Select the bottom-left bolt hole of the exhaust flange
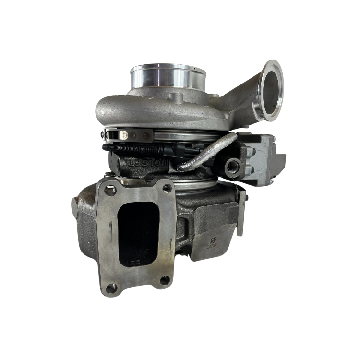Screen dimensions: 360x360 coord(112,288)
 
